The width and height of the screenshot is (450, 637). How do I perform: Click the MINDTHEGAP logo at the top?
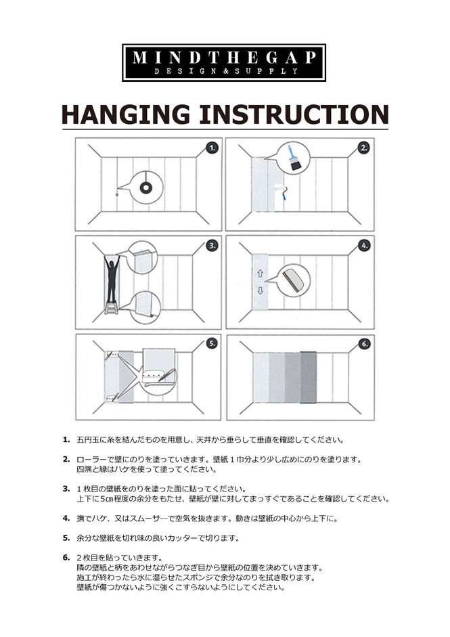[x=224, y=62]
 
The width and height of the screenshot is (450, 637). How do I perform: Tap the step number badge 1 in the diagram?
[x=212, y=148]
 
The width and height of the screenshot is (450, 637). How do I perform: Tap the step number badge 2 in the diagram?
[x=363, y=148]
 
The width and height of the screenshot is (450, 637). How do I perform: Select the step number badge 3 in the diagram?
[x=212, y=245]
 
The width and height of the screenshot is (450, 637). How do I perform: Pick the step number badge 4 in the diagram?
[x=363, y=245]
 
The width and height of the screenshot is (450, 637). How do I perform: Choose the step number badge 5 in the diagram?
[x=212, y=343]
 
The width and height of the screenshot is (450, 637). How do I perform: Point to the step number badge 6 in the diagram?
[x=363, y=343]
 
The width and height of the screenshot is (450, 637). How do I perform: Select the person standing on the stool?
[x=112, y=281]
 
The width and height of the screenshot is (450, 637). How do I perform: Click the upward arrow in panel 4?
[x=260, y=274]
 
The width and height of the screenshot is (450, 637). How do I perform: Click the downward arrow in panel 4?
[x=260, y=291]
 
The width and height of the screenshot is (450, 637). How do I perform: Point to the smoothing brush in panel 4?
[x=293, y=278]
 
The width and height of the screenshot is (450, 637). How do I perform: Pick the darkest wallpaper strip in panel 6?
[x=309, y=376]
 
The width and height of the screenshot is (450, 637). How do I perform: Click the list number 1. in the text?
[x=66, y=439]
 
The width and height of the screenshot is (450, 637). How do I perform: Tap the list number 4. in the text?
[x=66, y=518]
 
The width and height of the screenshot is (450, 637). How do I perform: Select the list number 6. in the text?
[x=66, y=557]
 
